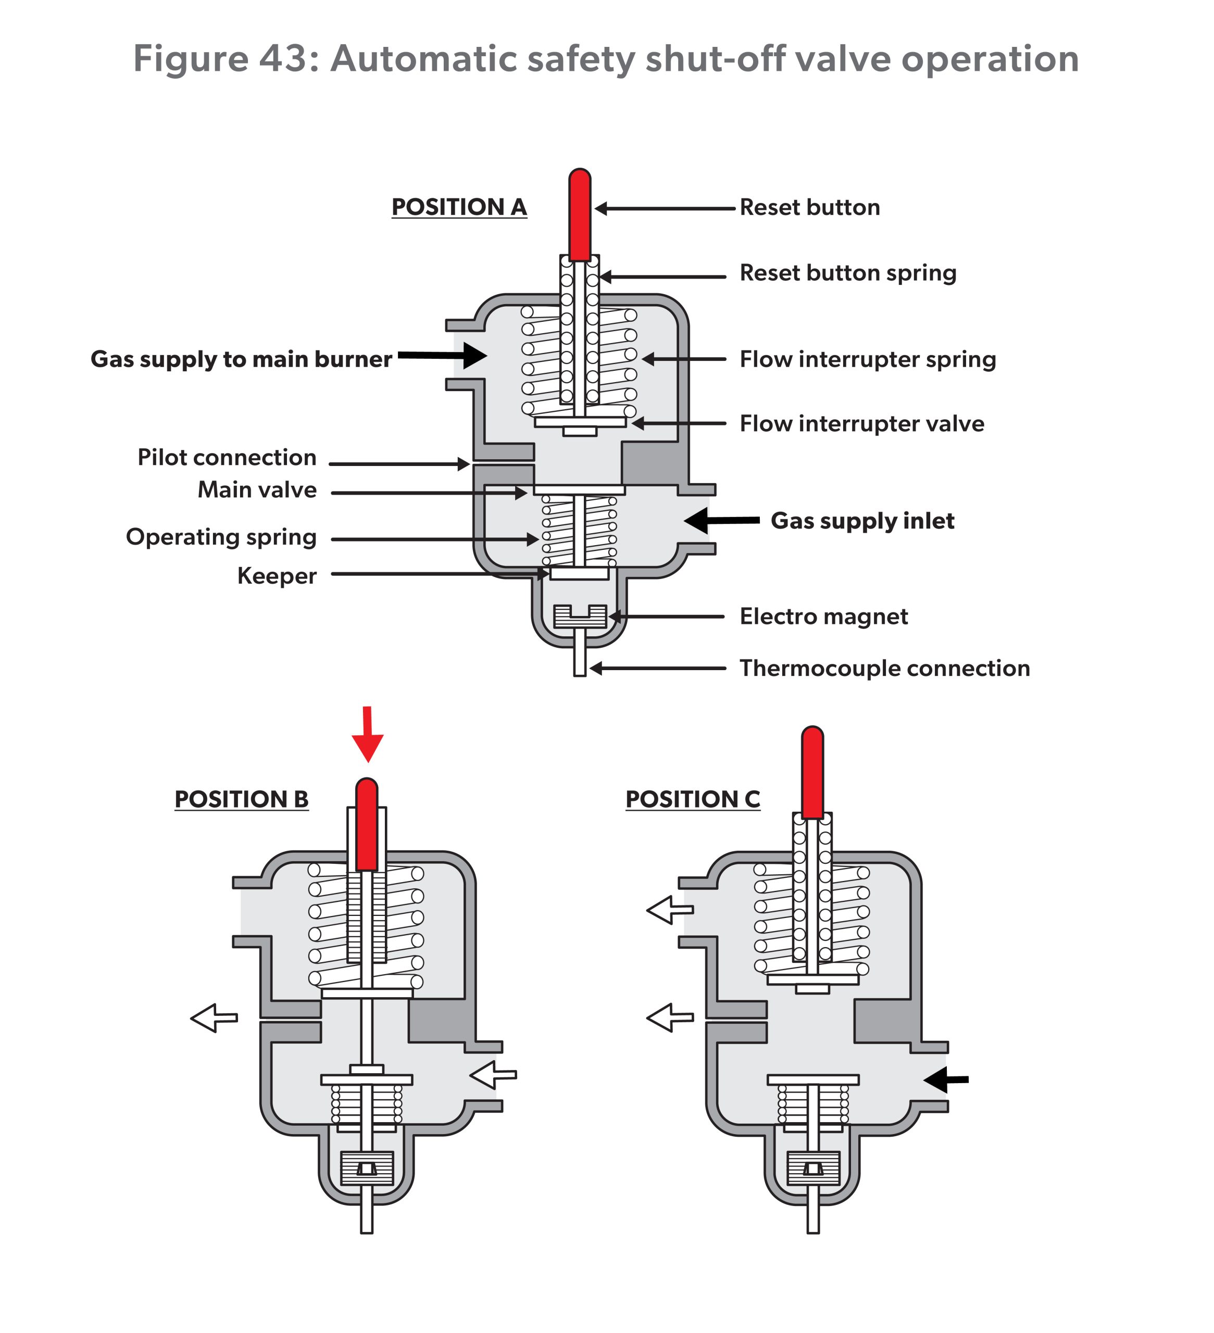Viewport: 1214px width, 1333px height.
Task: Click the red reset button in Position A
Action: tap(579, 215)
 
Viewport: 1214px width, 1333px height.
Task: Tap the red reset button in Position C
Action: tap(812, 772)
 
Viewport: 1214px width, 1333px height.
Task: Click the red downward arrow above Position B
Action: tap(368, 734)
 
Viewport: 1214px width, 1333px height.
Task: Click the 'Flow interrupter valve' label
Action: tap(861, 424)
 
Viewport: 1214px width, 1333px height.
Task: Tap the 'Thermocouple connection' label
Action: tap(884, 669)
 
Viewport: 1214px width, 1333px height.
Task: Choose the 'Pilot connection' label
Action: tap(227, 458)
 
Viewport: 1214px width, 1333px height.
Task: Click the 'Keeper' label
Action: tap(277, 576)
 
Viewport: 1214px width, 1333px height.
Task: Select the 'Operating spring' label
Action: tap(221, 537)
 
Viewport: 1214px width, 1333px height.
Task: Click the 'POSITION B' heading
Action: tap(241, 799)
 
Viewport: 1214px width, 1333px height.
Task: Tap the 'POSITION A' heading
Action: tap(459, 207)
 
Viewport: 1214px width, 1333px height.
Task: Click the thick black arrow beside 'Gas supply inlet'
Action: tap(721, 520)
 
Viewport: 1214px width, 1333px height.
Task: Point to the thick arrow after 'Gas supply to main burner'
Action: tap(443, 356)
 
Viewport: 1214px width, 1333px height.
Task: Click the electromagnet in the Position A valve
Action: tap(580, 616)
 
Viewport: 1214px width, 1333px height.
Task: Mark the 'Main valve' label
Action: tap(257, 490)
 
